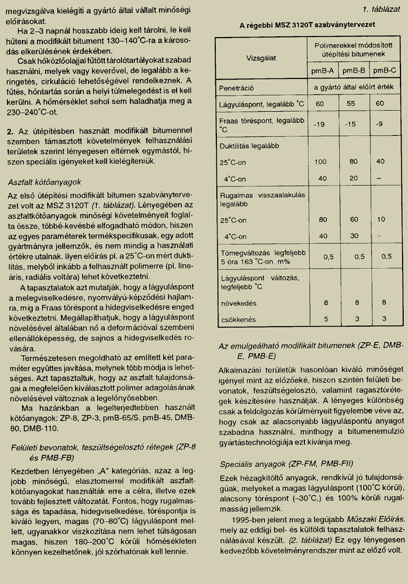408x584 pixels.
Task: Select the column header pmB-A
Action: [323, 70]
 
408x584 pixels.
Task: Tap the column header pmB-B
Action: [354, 70]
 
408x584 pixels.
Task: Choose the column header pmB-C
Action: [384, 70]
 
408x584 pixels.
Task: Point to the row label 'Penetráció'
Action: [236, 87]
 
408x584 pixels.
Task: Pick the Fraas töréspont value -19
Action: [320, 125]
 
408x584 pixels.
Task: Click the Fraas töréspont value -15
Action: [351, 125]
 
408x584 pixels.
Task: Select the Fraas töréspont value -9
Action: [380, 125]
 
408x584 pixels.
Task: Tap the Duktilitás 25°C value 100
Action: [320, 162]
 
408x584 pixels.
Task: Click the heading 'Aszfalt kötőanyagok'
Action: [45, 182]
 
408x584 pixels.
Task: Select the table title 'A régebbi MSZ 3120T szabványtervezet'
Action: [307, 25]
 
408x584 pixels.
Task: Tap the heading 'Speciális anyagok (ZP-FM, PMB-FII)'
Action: [287, 464]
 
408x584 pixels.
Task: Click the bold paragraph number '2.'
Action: [10, 131]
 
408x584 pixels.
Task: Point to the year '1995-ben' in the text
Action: [249, 520]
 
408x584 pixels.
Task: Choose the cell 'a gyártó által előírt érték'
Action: [354, 87]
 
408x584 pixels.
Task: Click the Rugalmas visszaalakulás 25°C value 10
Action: [381, 220]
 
